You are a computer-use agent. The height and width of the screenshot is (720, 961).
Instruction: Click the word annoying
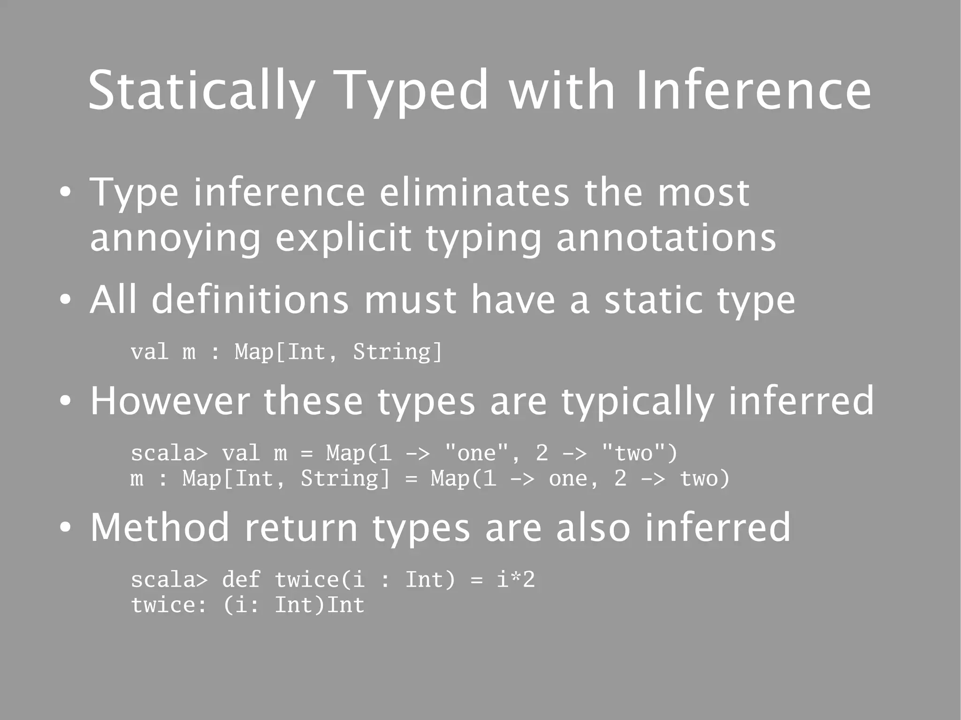175,239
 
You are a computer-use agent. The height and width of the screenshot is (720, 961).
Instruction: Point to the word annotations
666,238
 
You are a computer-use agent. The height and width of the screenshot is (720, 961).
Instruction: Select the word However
169,401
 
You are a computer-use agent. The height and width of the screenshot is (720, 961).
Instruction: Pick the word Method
160,527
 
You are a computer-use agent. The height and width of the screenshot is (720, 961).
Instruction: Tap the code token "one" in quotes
476,453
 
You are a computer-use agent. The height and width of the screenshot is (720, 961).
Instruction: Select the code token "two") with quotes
640,453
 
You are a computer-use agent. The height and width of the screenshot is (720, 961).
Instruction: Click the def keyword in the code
241,580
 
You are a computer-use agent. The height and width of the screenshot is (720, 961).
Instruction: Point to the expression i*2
516,580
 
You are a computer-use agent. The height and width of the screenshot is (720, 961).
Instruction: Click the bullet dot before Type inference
65,193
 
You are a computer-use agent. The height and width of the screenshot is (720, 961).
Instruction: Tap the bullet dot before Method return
65,528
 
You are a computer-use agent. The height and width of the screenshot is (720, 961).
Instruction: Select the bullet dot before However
65,402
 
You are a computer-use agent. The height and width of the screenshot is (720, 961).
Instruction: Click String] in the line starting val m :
397,352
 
